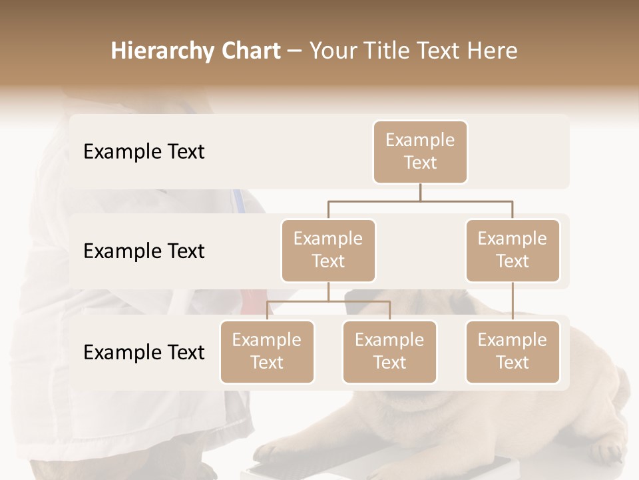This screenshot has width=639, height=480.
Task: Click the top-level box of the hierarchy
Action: (420, 151)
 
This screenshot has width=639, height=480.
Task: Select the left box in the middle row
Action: (328, 250)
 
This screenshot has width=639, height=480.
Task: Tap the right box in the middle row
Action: (513, 250)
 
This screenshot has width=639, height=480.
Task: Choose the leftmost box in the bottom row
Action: (267, 351)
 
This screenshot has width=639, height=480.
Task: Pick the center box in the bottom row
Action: (389, 351)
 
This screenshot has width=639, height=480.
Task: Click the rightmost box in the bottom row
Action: (513, 351)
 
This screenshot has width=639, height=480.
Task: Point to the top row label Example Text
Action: (144, 152)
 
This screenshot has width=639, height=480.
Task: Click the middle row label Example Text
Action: (144, 251)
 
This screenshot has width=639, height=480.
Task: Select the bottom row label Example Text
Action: (144, 352)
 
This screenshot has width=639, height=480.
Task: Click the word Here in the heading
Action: (493, 51)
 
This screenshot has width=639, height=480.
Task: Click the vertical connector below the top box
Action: (420, 192)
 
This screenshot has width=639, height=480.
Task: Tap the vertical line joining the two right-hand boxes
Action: (513, 301)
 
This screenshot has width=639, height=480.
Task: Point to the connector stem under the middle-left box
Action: (328, 291)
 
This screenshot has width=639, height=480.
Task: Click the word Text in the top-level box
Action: (420, 163)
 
